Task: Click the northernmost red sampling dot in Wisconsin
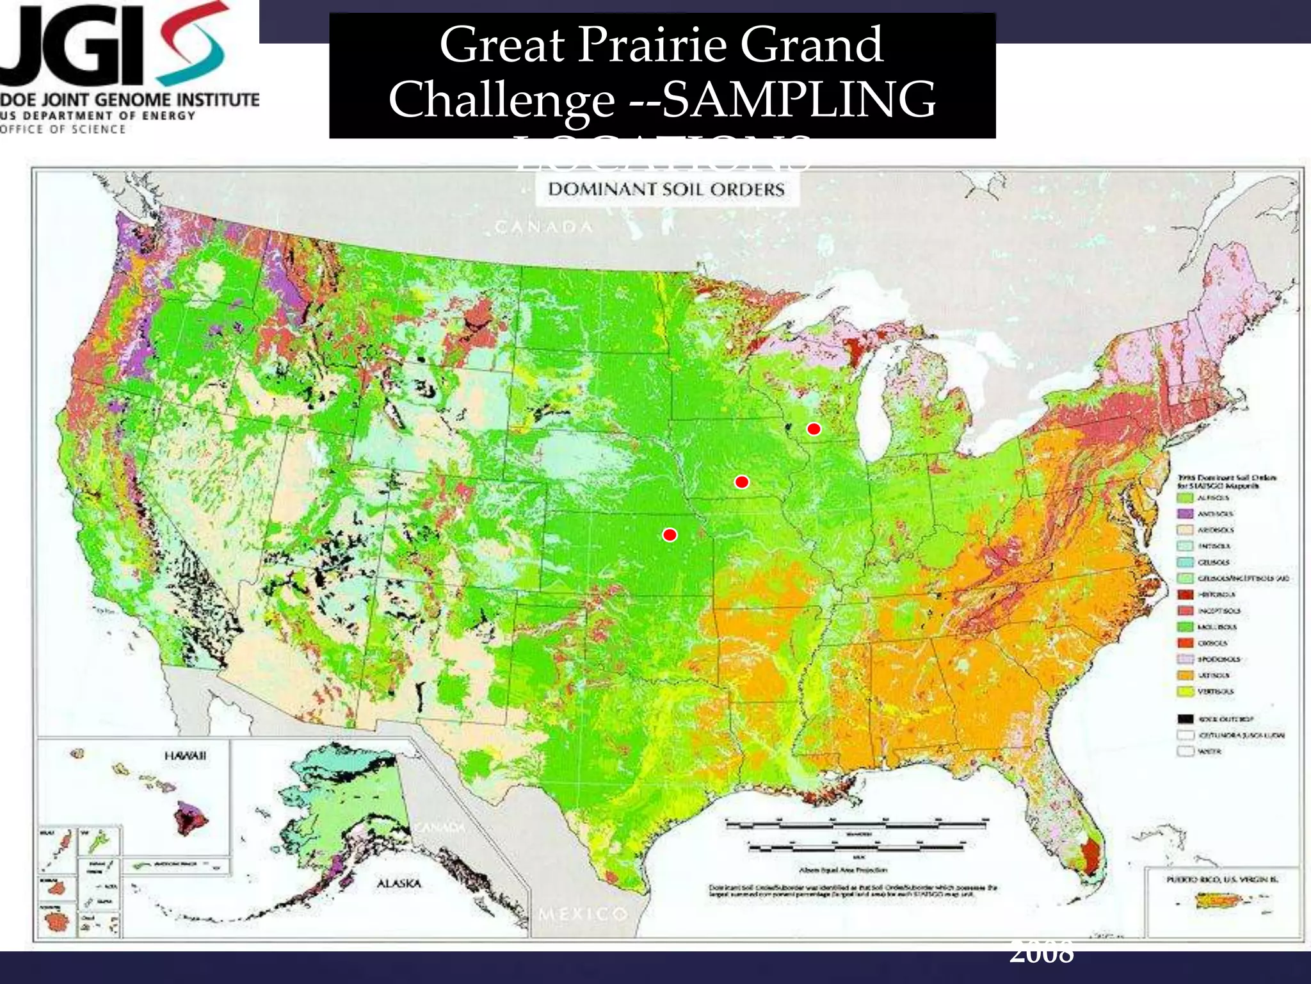813,429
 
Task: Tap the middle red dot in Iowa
741,482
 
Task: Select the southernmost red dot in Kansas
670,534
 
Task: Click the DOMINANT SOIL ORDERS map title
666,190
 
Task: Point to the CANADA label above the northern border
543,227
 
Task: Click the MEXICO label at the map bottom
583,913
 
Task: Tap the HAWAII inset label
186,756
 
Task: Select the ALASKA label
399,883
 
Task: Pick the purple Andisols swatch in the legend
1186,514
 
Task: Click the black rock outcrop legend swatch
1186,719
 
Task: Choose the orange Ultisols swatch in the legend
1186,675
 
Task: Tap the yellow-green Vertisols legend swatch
1186,691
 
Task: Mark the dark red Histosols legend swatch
1186,594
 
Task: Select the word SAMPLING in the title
798,99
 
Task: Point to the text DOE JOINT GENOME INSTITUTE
131,100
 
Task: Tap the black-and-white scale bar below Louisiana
858,824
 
